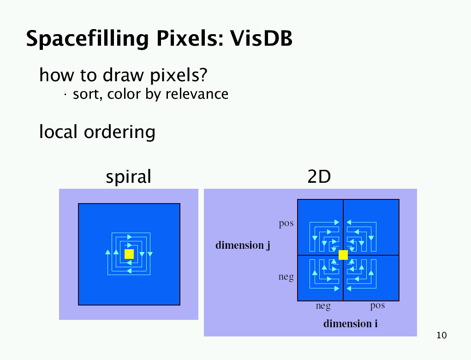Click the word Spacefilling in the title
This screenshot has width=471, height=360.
click(87, 39)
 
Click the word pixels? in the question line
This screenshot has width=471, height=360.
click(179, 75)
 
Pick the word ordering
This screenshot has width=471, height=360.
click(119, 132)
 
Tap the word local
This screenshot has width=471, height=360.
click(58, 132)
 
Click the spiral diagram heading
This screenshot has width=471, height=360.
click(128, 177)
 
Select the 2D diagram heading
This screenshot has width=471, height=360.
click(319, 177)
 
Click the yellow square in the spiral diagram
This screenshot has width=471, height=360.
click(129, 254)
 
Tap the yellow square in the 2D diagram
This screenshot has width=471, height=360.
click(343, 255)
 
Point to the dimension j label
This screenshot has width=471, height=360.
click(243, 245)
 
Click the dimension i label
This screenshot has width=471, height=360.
click(351, 324)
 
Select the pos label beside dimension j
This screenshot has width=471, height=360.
click(286, 223)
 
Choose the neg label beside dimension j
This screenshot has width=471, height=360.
click(286, 277)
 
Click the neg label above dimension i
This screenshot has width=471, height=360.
click(323, 306)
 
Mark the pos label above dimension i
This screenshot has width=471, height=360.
click(377, 306)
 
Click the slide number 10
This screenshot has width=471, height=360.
click(441, 336)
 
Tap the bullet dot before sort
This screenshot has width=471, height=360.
click(65, 95)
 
